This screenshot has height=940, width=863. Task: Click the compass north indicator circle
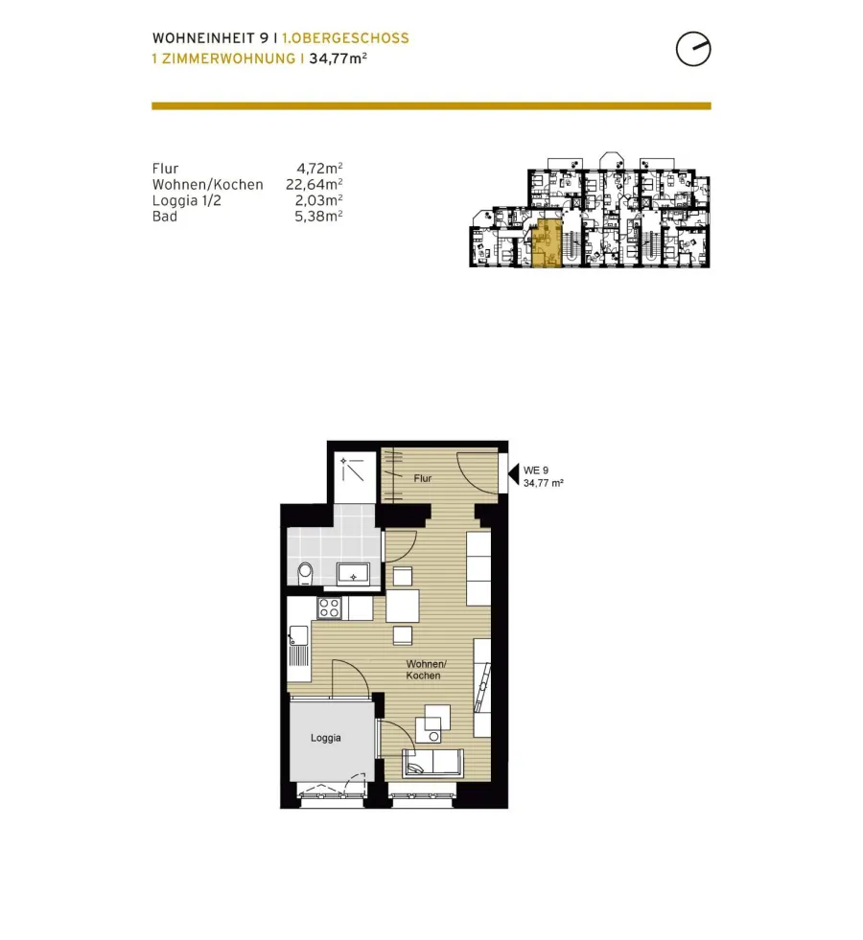(x=693, y=49)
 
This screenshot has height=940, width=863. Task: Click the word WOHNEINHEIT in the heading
(x=204, y=38)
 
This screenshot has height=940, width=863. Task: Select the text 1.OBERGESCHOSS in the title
(x=345, y=38)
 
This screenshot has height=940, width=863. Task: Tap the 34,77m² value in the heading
(x=338, y=58)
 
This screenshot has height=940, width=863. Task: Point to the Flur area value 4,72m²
(x=319, y=169)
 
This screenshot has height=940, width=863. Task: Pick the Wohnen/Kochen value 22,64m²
(x=315, y=185)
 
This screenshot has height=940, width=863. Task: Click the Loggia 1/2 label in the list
(x=187, y=201)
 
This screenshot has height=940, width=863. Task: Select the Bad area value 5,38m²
(x=318, y=217)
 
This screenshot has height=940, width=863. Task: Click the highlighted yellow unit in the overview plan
(x=547, y=242)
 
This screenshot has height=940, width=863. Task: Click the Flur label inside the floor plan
(x=423, y=478)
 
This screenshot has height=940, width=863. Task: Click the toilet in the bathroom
(x=305, y=573)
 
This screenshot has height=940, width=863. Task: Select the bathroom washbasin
(x=353, y=573)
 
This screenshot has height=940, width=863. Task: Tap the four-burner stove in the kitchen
(x=330, y=608)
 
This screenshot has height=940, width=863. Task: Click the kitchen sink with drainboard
(x=298, y=646)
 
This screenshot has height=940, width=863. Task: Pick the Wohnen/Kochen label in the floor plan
(x=426, y=670)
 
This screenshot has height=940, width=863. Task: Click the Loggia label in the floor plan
(x=326, y=738)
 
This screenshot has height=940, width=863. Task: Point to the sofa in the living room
(x=431, y=763)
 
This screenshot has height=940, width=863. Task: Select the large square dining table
(x=403, y=607)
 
